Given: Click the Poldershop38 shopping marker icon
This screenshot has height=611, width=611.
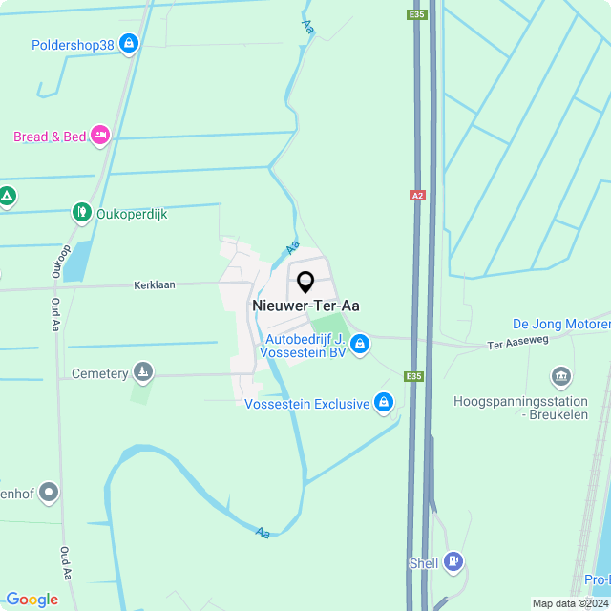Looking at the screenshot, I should click(129, 44).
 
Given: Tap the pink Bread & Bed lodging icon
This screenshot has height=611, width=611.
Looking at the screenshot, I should click(99, 137).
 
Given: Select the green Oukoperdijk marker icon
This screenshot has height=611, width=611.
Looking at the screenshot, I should click(83, 214).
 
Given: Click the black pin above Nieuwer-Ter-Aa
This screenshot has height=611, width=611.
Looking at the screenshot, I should click(305, 283).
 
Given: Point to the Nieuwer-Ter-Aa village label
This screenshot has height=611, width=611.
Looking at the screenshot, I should click(306, 305).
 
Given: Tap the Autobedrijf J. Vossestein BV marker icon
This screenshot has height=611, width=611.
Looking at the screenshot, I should click(359, 346).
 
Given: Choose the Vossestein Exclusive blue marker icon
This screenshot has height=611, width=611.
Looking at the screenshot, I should click(383, 404).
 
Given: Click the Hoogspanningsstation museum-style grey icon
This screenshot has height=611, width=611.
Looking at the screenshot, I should click(561, 377).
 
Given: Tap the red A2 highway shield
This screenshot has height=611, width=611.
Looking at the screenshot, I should click(416, 195).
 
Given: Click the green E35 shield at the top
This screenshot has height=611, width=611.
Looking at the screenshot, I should click(415, 14).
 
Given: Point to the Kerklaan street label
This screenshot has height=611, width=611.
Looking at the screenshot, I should click(155, 285).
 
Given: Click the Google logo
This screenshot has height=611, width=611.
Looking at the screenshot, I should click(32, 599).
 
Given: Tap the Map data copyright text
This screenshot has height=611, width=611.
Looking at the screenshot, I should click(570, 603).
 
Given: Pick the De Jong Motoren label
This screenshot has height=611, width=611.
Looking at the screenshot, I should click(561, 325).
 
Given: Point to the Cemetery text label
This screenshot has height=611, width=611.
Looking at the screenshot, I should click(99, 374).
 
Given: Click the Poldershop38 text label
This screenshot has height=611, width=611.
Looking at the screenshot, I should click(73, 45).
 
